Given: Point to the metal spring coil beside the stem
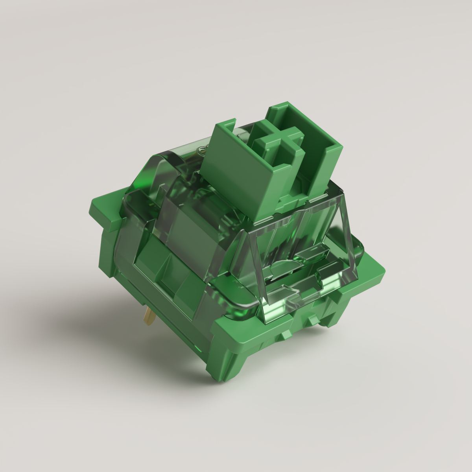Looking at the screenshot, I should (x=203, y=150).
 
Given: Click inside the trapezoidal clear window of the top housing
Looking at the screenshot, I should (x=299, y=256).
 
